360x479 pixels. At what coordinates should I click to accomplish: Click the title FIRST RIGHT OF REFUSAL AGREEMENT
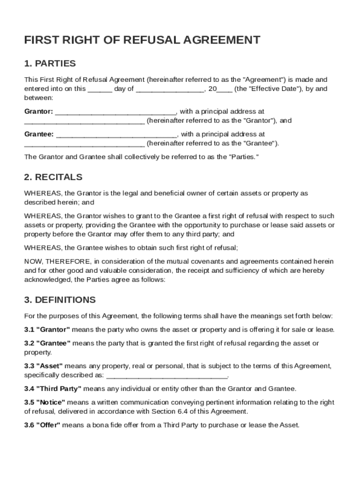coord(142,40)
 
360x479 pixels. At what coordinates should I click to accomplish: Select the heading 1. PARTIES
coord(50,64)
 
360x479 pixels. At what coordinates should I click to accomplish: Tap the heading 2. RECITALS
coord(53,177)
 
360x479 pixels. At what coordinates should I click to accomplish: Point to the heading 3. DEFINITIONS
coord(60,300)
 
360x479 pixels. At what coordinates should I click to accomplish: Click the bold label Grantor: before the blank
coord(38,111)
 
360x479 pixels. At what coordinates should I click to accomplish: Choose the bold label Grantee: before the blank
coord(39,134)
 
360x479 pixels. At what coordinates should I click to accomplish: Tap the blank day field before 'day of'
coord(100,90)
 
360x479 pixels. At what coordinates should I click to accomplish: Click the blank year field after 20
coord(224,90)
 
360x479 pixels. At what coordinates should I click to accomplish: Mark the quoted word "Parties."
coord(243,157)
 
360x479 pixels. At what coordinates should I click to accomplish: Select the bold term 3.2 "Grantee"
coord(47,343)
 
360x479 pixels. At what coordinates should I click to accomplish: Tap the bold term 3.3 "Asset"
coord(43,366)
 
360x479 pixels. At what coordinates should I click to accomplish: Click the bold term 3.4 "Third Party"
coord(53,389)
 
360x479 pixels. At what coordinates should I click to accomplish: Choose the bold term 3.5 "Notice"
coord(44,402)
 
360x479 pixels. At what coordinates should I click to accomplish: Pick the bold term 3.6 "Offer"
coord(42,425)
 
